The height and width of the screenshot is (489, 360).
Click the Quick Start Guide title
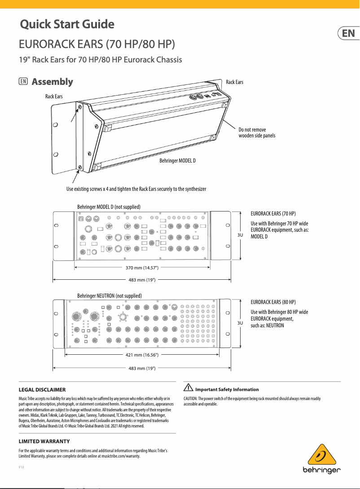(67, 24)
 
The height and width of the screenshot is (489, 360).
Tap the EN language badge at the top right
(348, 34)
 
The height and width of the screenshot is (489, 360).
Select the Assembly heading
(52, 82)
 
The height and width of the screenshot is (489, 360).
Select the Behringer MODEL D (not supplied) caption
(109, 207)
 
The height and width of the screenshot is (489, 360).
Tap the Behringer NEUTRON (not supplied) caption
(110, 296)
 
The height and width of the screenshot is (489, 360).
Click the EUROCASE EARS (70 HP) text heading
(273, 213)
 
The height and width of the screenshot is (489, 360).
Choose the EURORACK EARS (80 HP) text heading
(273, 302)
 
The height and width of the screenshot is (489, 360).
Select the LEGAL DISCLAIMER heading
(42, 389)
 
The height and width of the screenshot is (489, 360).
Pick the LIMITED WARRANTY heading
(44, 441)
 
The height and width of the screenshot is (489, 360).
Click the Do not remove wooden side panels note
(257, 132)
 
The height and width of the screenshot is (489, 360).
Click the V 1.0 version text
(21, 467)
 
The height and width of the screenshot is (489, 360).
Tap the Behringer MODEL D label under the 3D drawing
(178, 160)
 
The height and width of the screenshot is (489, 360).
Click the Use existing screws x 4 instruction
(136, 189)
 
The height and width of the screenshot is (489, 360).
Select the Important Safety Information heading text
(227, 389)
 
